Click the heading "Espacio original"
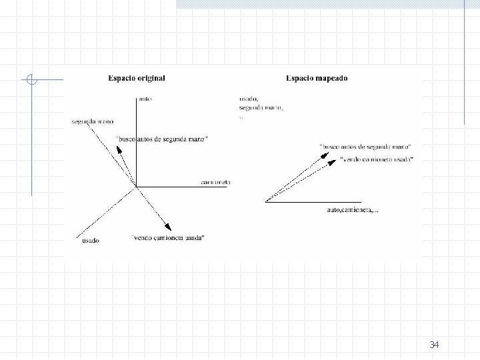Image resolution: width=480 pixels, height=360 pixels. tap(137, 78)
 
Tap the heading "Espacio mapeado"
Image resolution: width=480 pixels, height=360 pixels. tap(317, 78)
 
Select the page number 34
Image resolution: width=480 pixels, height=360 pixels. tap(435, 345)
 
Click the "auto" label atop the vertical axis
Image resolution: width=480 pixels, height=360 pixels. tap(145, 99)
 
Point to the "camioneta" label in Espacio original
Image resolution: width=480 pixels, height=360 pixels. tap(215, 182)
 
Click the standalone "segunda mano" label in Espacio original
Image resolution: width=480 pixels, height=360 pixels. tap(93, 121)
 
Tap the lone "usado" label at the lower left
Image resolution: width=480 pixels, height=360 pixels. tap(91, 240)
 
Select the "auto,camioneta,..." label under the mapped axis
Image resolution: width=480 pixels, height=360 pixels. tap(352, 210)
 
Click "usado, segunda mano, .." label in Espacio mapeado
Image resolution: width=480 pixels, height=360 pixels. tap(261, 107)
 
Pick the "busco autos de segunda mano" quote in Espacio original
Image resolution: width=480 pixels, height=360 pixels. tap(162, 139)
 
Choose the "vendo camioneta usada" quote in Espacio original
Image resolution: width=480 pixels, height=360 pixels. tap(168, 237)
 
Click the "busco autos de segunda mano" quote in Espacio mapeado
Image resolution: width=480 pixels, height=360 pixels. tap(365, 145)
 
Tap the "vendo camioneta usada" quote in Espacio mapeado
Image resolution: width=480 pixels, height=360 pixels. tap(377, 159)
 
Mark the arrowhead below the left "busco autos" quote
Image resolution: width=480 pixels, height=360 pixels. tap(119, 149)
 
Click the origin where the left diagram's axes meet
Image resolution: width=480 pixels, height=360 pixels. tap(137, 187)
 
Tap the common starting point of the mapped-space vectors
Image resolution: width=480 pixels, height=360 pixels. tap(265, 201)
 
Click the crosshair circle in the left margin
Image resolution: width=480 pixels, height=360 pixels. tap(31, 80)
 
